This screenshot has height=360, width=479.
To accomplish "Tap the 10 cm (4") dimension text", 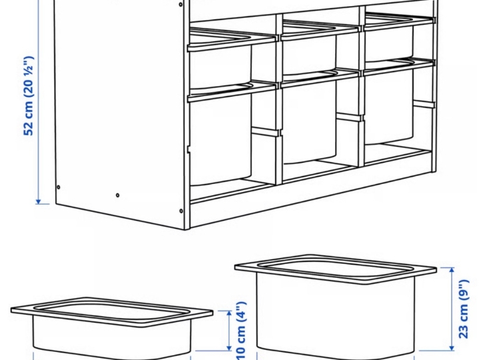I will tap(241, 331).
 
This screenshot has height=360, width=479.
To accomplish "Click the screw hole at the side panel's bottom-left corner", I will tap(59, 187).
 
